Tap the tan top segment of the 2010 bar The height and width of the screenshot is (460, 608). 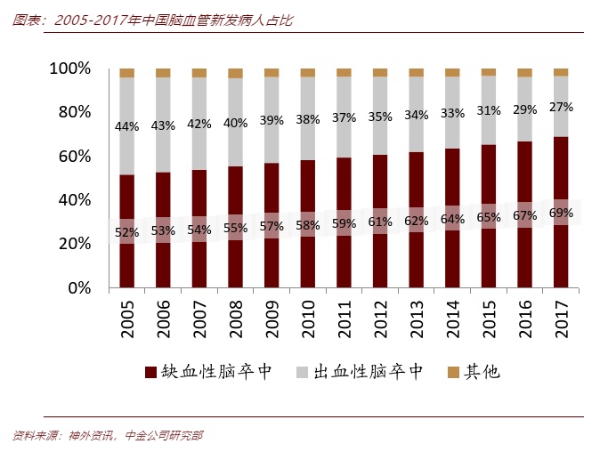(308, 73)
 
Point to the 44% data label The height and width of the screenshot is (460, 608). (126, 126)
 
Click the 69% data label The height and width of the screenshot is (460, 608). (561, 214)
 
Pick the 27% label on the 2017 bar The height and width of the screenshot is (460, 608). (561, 107)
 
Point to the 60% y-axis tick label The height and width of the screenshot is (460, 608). (75, 157)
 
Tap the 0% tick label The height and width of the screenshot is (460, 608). (80, 288)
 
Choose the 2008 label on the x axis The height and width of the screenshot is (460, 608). (235, 317)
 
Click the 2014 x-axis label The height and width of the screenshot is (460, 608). (452, 317)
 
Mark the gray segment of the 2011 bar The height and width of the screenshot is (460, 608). (344, 116)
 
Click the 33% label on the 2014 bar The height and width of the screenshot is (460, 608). (452, 113)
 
